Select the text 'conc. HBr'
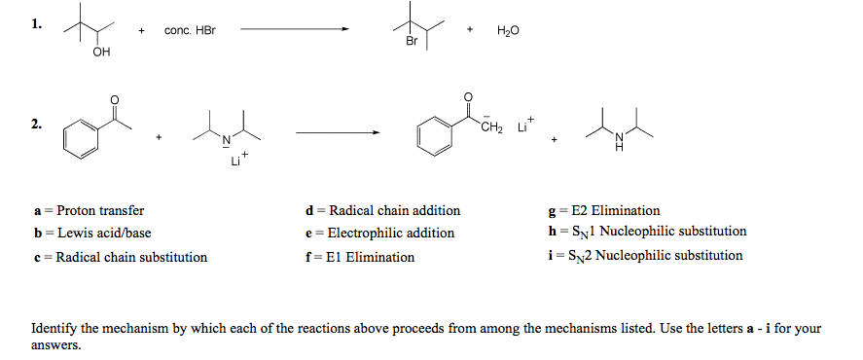pyautogui.click(x=190, y=31)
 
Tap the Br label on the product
pyautogui.click(x=412, y=43)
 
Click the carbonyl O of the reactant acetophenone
pyautogui.click(x=115, y=99)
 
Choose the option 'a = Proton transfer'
pyautogui.click(x=89, y=210)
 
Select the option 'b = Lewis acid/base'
pyautogui.click(x=92, y=234)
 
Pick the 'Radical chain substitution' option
pyautogui.click(x=121, y=257)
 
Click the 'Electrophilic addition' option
pyautogui.click(x=379, y=234)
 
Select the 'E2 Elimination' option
pyautogui.click(x=604, y=210)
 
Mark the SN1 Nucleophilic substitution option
pyautogui.click(x=647, y=233)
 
